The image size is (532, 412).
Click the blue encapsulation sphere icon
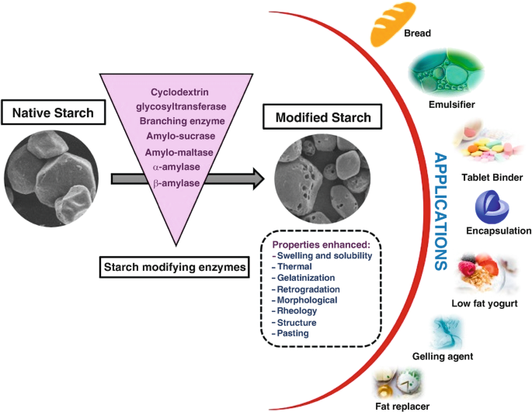(x=491, y=208)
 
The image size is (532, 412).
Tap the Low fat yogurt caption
(x=485, y=302)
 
